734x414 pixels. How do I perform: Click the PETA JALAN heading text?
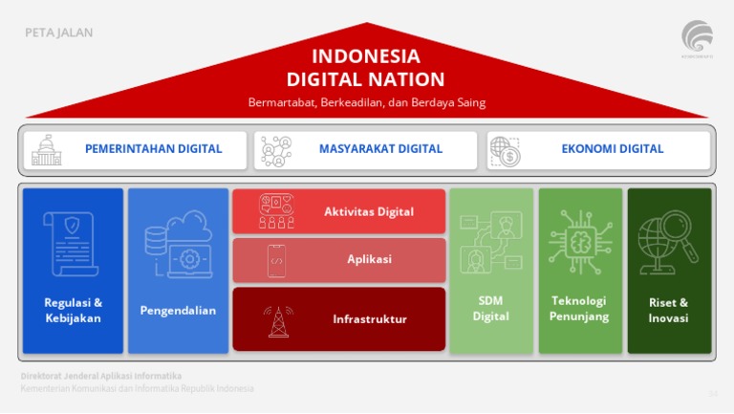(58, 33)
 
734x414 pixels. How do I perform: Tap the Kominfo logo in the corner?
(697, 39)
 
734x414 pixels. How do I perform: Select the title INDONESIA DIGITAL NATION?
(366, 68)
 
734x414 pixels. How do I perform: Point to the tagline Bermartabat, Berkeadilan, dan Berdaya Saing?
(367, 102)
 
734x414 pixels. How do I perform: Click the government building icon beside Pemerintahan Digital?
(46, 149)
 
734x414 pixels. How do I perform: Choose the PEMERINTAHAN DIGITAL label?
(153, 149)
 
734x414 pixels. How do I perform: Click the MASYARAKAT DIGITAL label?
(380, 149)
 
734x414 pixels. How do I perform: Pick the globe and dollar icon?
(505, 150)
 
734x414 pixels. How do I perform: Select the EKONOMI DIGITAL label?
(612, 149)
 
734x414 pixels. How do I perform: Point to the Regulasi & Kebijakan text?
(73, 311)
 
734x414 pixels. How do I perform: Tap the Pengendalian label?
(178, 311)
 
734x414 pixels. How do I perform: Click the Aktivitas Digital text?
(369, 212)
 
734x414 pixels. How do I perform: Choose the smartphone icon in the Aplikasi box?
(276, 259)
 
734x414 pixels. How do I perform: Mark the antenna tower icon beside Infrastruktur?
(278, 320)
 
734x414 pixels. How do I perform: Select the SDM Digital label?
(490, 309)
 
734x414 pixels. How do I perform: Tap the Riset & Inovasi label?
(668, 311)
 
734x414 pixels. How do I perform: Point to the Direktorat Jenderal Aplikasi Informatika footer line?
(101, 376)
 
